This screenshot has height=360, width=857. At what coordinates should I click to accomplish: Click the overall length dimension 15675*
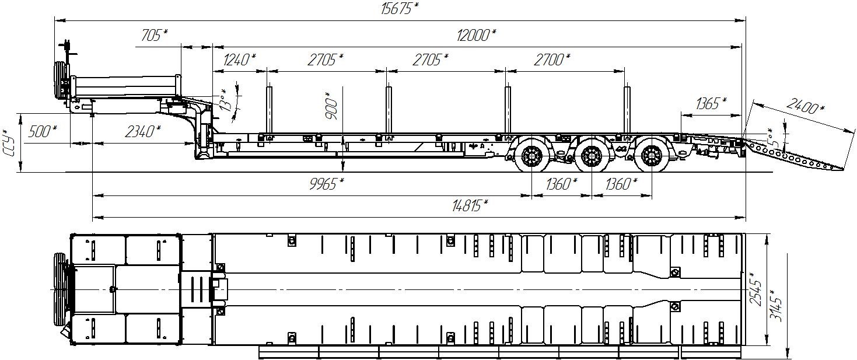pyautogui.click(x=400, y=8)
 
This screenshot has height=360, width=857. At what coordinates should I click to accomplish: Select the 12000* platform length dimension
pyautogui.click(x=476, y=35)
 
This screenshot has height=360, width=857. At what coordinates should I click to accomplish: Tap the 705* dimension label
pyautogui.click(x=154, y=35)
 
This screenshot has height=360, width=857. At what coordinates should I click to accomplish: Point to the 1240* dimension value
pyautogui.click(x=240, y=60)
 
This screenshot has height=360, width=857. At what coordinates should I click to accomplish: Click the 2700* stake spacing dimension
pyautogui.click(x=552, y=60)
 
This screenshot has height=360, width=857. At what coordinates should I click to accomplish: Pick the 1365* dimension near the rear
pyautogui.click(x=711, y=103)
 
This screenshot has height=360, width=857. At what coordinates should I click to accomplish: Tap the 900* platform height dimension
pyautogui.click(x=332, y=106)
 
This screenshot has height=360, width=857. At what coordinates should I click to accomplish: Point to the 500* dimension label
pyautogui.click(x=42, y=132)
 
